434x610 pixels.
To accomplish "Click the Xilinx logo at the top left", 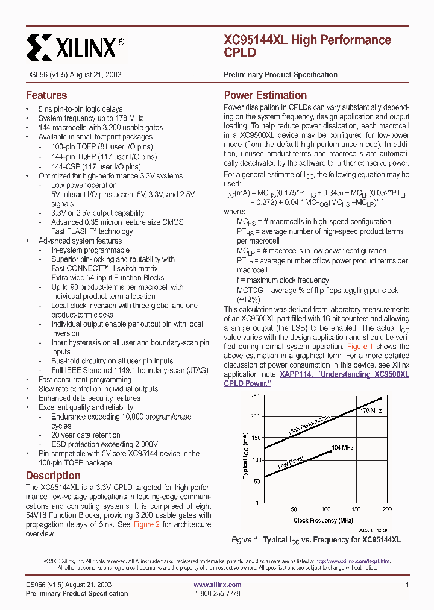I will tap(75, 46).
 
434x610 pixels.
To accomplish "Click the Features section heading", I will tap(46, 95).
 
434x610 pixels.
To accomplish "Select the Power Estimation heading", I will tap(265, 95).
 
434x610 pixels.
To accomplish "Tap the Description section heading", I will tap(53, 475).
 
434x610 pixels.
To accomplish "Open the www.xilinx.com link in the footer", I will tap(217, 585).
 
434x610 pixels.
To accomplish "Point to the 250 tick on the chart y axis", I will tap(254, 396).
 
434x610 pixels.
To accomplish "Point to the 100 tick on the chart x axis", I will tap(325, 509).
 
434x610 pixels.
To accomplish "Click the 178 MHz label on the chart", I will tap(371, 410).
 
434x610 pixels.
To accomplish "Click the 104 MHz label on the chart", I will tap(342, 448).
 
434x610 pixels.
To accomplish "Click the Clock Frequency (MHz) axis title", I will tap(323, 520).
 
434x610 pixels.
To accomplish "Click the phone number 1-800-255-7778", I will tap(217, 593).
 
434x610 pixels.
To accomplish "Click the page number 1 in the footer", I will tap(407, 585).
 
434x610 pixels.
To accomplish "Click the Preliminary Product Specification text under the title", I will tap(280, 75).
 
